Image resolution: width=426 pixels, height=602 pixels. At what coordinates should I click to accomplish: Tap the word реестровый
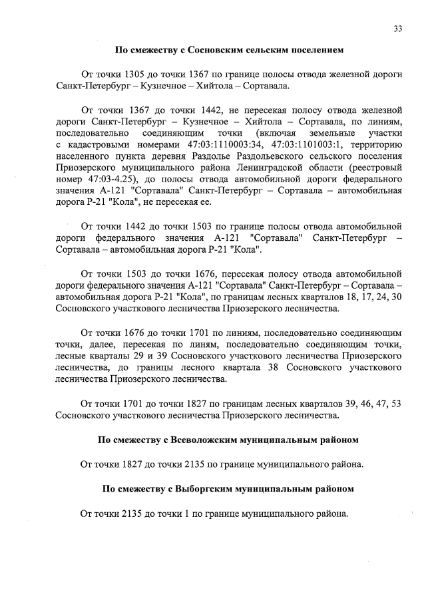(x=371, y=169)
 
